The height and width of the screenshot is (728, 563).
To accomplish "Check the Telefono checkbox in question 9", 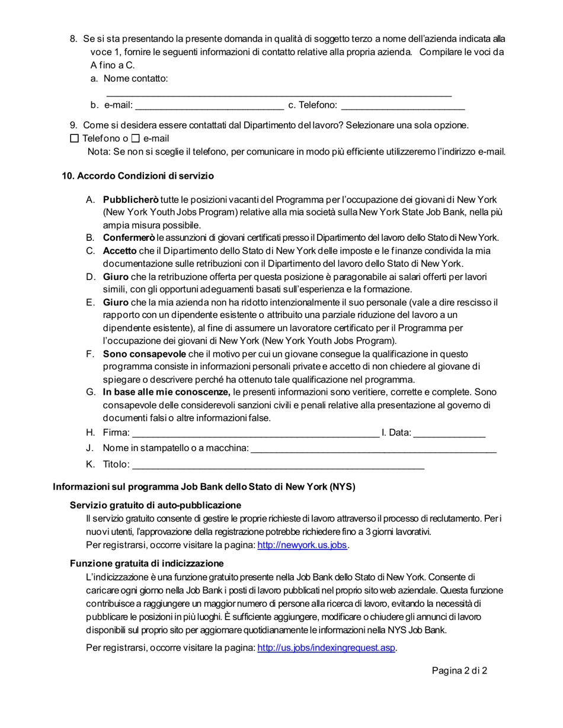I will click(x=74, y=138).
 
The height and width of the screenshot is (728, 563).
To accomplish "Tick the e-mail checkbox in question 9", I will click(x=135, y=138).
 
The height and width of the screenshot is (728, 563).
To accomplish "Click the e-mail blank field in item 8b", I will click(x=209, y=107).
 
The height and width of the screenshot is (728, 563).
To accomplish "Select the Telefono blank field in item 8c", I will click(x=403, y=107).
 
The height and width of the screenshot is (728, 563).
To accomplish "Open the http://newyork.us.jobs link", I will click(x=302, y=545).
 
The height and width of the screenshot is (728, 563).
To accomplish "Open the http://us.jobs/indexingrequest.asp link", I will click(x=327, y=648).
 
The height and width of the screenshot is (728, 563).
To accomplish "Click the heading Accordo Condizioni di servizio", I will click(x=138, y=176).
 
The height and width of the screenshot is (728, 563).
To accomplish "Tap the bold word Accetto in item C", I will click(x=120, y=251).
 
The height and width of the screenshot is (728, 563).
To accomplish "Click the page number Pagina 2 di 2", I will click(x=459, y=671).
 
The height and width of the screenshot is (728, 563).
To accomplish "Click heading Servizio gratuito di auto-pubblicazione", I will click(x=155, y=505).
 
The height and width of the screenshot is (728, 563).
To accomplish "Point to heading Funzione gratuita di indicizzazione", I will click(x=146, y=563).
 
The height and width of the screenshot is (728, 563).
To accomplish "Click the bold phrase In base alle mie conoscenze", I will click(x=167, y=392).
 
